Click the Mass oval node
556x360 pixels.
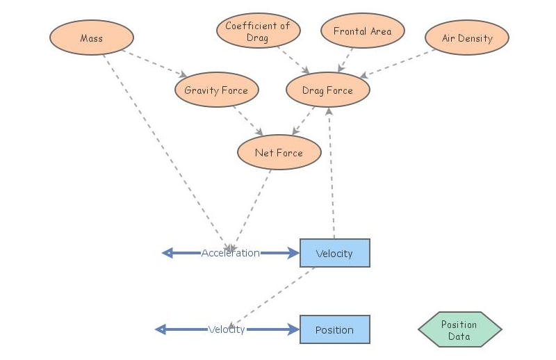tap(91, 38)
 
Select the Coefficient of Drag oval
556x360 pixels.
tap(258, 31)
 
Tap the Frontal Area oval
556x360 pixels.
tap(362, 31)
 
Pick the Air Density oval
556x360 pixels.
tap(466, 38)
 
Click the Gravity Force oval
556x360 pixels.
tap(216, 90)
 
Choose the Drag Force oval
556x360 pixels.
tap(327, 90)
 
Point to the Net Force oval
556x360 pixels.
tap(279, 153)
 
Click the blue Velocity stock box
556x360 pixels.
tap(334, 254)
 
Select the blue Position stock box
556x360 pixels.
tap(334, 330)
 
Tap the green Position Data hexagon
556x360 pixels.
tap(459, 330)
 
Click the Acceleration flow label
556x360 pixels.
tap(230, 254)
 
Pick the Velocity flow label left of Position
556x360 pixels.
tap(227, 329)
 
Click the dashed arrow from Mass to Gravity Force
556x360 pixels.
tap(154, 63)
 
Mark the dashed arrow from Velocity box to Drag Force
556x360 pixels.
tap(332, 174)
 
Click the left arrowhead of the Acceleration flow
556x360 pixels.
tap(167, 253)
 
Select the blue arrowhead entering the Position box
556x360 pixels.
tap(293, 329)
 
